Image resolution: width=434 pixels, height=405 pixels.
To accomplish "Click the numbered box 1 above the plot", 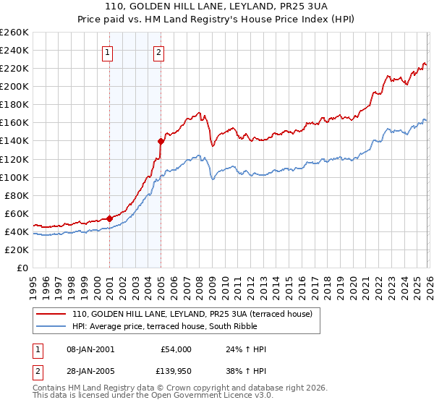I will pos(108,51).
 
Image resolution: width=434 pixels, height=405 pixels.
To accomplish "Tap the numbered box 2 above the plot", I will pos(158,51).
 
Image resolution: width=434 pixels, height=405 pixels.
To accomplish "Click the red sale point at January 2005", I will pos(161,141).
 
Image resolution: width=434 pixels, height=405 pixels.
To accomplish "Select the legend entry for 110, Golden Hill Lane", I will pos(192,314).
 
